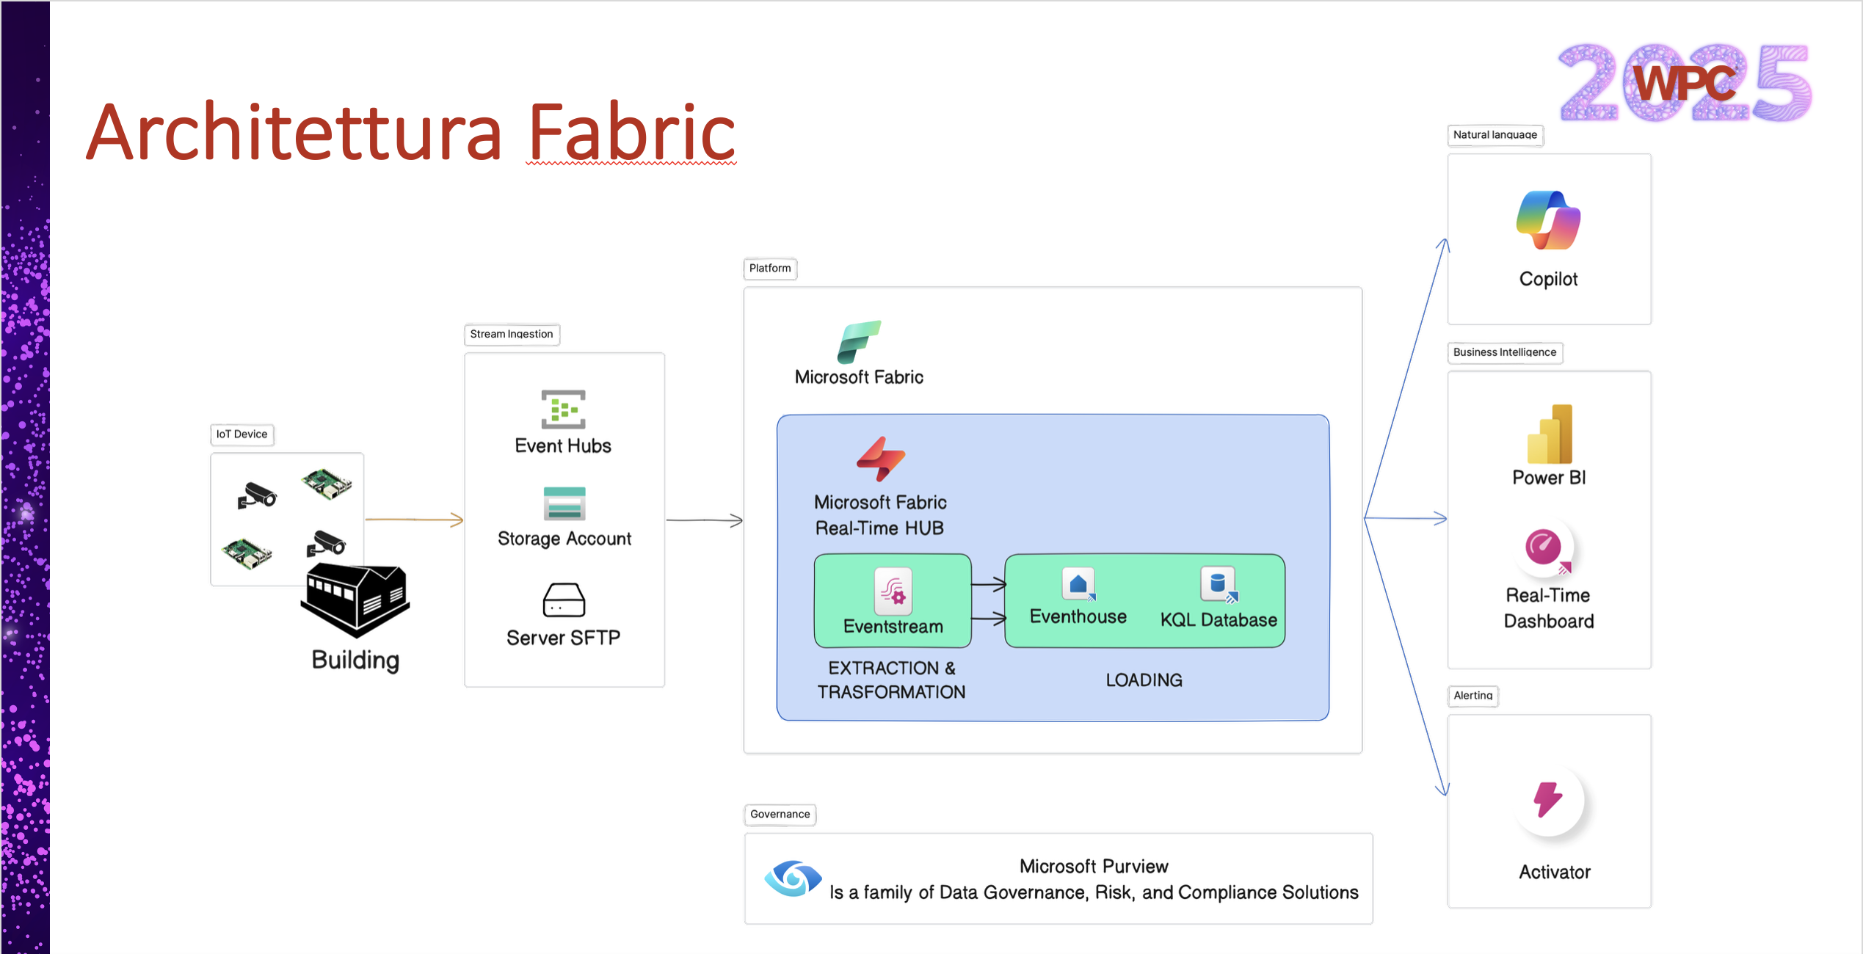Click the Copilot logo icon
click(x=1548, y=220)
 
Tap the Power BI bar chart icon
click(x=1550, y=434)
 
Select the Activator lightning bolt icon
click(x=1548, y=799)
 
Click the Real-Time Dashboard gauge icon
click(x=1544, y=547)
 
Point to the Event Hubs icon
click(x=563, y=409)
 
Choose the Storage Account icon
click(x=564, y=503)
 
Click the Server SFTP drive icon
click(x=564, y=600)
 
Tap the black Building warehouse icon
click(x=355, y=598)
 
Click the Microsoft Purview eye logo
click(x=793, y=878)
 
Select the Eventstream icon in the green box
click(x=893, y=591)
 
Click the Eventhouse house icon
click(x=1078, y=584)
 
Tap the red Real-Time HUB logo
click(x=881, y=459)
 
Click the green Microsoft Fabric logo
click(x=858, y=342)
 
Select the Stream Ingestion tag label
click(x=512, y=335)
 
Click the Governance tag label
click(x=780, y=815)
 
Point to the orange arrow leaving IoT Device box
click(x=414, y=520)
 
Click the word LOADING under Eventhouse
click(x=1144, y=680)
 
